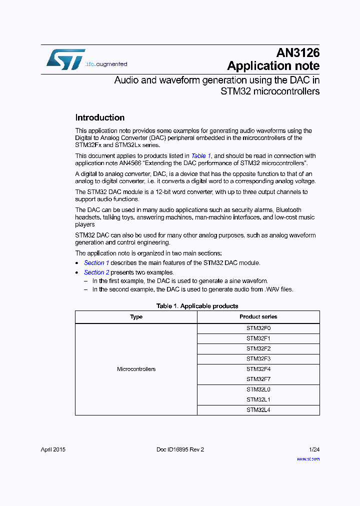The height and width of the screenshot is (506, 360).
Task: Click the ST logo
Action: point(65,59)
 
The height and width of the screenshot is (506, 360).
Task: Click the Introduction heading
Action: point(99,118)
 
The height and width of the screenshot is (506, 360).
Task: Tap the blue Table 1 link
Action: point(201,156)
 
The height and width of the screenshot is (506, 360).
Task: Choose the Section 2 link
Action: point(96,272)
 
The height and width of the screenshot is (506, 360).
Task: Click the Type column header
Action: point(136,317)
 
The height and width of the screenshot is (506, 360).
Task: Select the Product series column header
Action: point(258,317)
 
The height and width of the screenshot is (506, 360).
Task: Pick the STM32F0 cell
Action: point(258,328)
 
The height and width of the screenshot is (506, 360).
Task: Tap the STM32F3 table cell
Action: point(258,359)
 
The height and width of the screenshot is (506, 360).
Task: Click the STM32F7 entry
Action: point(258,379)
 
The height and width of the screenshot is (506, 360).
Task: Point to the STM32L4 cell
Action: point(258,410)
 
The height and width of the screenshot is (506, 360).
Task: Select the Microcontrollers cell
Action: point(136,369)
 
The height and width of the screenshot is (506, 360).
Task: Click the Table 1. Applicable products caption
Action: point(197,306)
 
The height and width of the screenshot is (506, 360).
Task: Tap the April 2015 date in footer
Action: point(53,449)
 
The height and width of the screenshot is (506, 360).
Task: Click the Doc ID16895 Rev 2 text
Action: point(180,449)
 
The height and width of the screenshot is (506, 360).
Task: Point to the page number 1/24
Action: point(314,449)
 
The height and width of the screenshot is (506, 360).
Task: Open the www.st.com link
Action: point(308,458)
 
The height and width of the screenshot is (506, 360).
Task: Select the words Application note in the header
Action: point(273,66)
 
